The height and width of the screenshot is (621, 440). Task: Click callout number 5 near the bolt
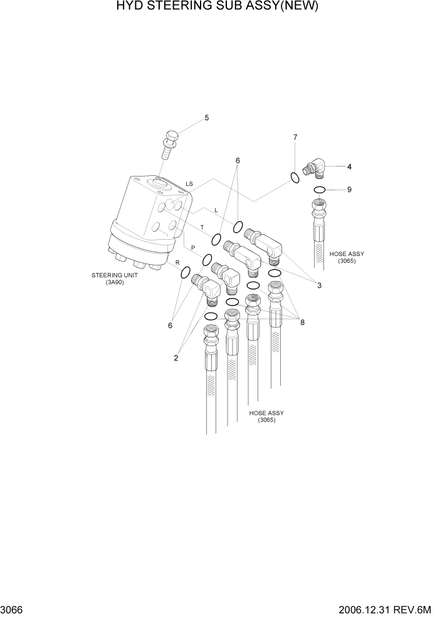[x=206, y=118]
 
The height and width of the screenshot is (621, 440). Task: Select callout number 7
[x=295, y=136]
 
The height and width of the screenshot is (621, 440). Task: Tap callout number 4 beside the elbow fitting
[x=349, y=167]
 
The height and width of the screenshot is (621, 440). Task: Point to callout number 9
[x=349, y=189]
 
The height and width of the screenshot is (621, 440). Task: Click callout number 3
[x=319, y=285]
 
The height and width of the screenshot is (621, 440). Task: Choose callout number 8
[x=302, y=323]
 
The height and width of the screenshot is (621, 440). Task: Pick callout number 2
[x=176, y=358]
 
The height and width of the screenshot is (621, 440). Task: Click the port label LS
[x=189, y=183]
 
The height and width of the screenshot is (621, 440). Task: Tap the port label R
[x=178, y=262]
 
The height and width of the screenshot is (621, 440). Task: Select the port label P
[x=193, y=248]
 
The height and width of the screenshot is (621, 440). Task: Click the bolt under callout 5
[x=170, y=145]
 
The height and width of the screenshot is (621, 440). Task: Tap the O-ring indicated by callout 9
[x=319, y=190]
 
